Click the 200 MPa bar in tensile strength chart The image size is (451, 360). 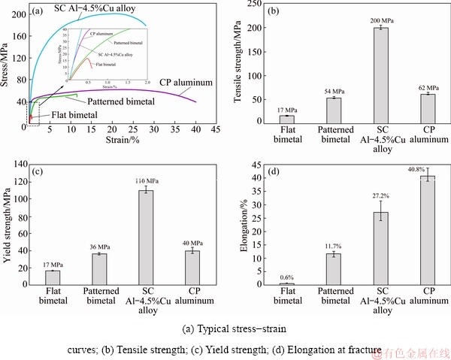pyautogui.click(x=382, y=75)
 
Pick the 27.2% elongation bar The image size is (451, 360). pyautogui.click(x=382, y=248)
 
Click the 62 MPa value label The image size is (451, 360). pyautogui.click(x=428, y=87)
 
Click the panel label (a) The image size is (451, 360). pyautogui.click(x=36, y=12)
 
